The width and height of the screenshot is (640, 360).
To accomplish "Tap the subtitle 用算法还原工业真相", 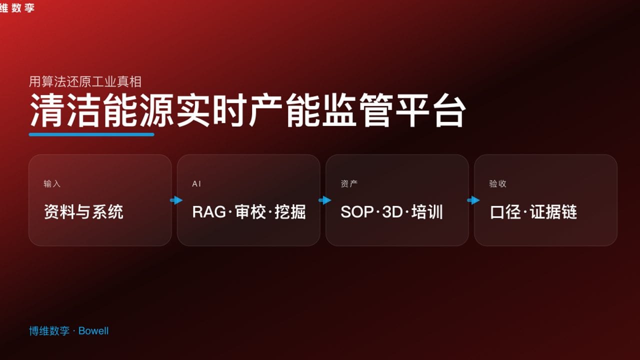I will point(85,81).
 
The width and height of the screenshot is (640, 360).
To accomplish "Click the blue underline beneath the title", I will point(91,134).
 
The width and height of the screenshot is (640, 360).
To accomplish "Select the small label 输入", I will point(52,184).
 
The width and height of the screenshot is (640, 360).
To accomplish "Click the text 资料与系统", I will point(83,212).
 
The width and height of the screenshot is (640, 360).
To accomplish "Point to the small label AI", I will point(197,184).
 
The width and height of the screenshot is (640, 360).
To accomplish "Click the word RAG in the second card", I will point(209,212).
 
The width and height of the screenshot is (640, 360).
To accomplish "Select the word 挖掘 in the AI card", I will point(290,212).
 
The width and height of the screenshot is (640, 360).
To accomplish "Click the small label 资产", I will point(349,184).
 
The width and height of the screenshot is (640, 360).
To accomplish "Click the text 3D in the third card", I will point(392,212).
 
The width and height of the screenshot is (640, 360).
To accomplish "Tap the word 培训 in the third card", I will point(427,212).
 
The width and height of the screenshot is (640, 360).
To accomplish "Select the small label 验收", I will point(497,184).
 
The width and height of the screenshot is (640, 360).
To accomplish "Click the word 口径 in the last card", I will point(505,212).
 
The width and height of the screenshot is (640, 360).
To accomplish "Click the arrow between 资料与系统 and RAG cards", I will point(176,200).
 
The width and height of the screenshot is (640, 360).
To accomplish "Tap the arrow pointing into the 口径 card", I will point(473,200).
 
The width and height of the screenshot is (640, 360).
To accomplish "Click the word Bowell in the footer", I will point(93,331).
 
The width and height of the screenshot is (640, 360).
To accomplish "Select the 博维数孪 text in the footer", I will point(49,331).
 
